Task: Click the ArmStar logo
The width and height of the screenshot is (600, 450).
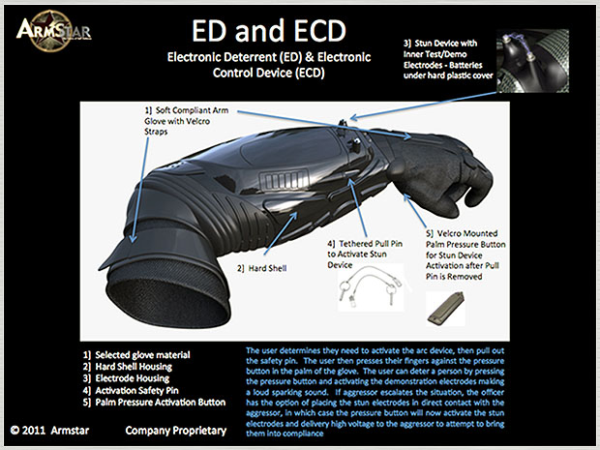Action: coord(53,31)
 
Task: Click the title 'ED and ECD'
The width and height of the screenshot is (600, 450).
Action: coord(269,31)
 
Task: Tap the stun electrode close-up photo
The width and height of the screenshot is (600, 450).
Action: coord(532,61)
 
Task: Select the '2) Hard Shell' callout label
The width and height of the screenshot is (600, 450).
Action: coord(261,268)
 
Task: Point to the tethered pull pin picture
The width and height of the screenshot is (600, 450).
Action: coord(371,287)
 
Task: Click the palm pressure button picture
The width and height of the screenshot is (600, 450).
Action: coord(446,309)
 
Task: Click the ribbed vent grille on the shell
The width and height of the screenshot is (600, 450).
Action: coord(284,180)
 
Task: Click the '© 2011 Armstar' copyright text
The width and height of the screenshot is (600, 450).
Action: coord(49,431)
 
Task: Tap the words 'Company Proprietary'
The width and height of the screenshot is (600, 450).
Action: coord(176,431)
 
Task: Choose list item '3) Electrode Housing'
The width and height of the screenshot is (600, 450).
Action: coord(126,378)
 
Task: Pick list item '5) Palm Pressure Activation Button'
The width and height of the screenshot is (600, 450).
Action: coord(154,403)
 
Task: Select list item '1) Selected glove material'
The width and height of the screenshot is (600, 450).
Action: coord(136,355)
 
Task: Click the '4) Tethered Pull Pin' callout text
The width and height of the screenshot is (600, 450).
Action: coord(365,255)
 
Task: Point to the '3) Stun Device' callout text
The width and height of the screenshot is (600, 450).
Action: coord(448,59)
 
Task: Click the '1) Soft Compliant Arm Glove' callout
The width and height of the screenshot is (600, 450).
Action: coord(187,121)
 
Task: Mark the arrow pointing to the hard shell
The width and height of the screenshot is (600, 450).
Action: coord(281,233)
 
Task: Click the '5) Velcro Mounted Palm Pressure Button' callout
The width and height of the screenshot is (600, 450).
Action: coord(465,255)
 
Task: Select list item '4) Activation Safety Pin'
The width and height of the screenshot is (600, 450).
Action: coord(131,390)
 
